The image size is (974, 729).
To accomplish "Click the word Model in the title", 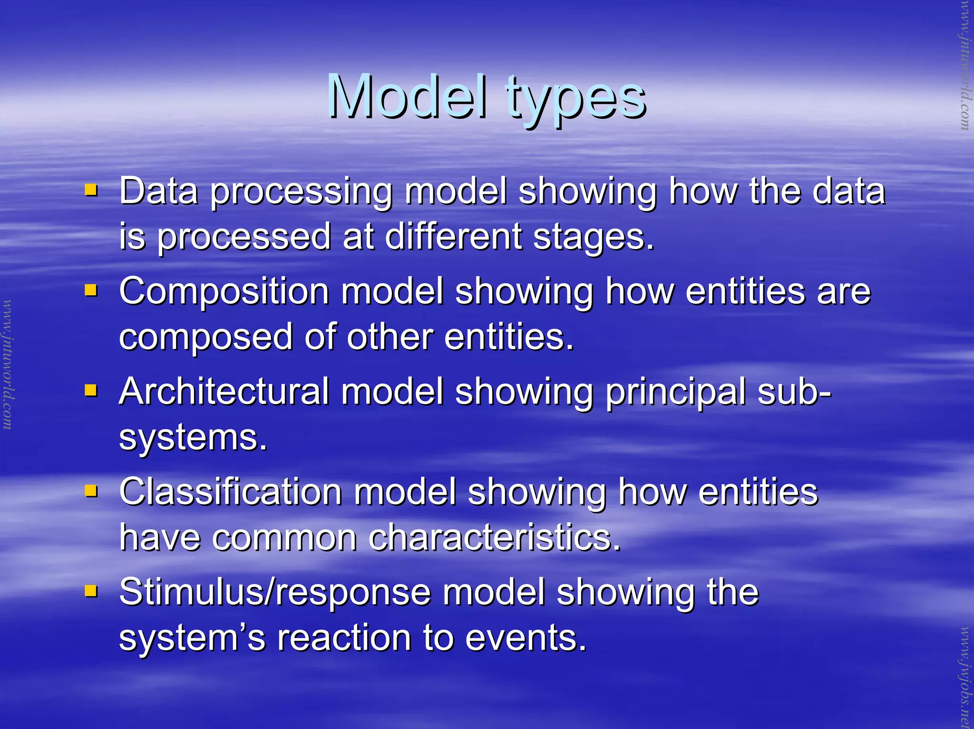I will pyautogui.click(x=407, y=97).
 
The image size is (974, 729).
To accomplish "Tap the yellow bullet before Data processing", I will pyautogui.click(x=91, y=190).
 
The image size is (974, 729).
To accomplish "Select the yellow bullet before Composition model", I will pyautogui.click(x=91, y=290).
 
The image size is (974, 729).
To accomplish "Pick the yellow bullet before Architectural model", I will pyautogui.click(x=91, y=390).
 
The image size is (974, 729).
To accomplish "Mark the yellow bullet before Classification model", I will pyautogui.click(x=91, y=490).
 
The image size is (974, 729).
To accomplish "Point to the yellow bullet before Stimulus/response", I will pyautogui.click(x=91, y=591).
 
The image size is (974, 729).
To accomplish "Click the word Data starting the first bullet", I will pyautogui.click(x=158, y=191).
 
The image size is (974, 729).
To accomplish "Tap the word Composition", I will pyautogui.click(x=224, y=292).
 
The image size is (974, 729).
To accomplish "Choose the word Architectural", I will pyautogui.click(x=224, y=392).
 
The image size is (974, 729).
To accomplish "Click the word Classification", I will pyautogui.click(x=230, y=492).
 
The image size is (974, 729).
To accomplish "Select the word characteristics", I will pyautogui.click(x=495, y=538).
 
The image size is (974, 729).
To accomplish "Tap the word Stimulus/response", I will pyautogui.click(x=274, y=593).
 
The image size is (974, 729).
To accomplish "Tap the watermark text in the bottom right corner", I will pyautogui.click(x=965, y=677).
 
